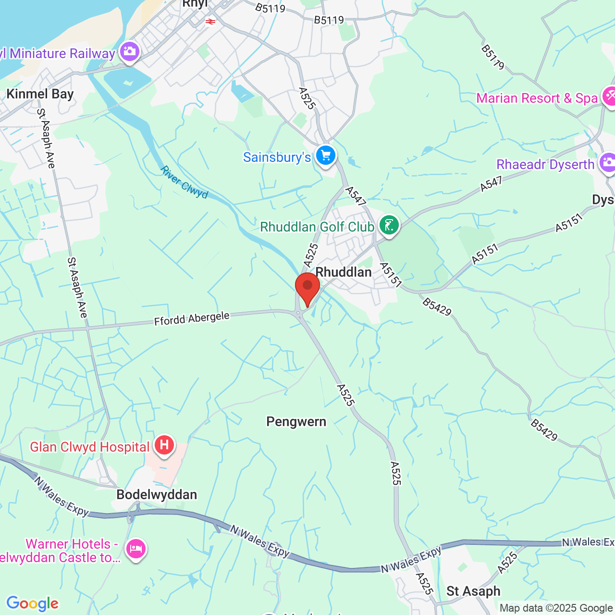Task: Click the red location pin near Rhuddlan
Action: click(307, 287)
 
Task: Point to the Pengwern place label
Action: click(296, 422)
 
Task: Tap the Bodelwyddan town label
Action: click(157, 495)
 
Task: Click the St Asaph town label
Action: click(473, 591)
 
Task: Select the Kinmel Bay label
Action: click(40, 94)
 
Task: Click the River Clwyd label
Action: click(184, 182)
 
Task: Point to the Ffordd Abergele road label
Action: click(192, 319)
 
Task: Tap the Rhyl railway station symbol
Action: click(210, 21)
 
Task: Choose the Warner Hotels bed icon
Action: click(136, 548)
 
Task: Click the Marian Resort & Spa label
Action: click(537, 98)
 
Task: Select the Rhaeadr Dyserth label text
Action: click(545, 165)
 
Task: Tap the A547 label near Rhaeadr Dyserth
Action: click(491, 184)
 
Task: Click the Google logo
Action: click(32, 603)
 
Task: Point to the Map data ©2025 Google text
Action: click(556, 608)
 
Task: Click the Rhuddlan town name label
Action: click(344, 272)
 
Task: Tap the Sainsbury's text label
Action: click(277, 158)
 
